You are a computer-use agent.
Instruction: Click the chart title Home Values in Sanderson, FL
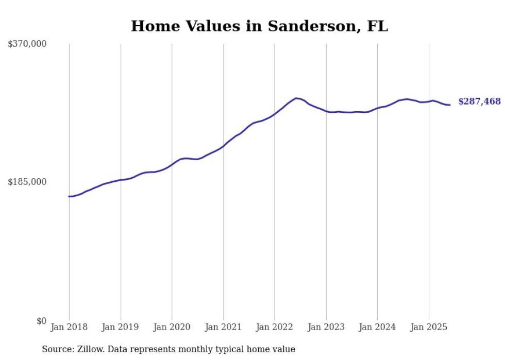[x=259, y=26]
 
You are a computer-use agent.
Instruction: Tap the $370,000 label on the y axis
[x=27, y=44]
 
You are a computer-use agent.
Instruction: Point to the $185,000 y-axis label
[x=27, y=182]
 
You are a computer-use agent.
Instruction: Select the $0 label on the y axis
[x=41, y=321]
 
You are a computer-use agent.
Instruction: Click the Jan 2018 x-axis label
[x=69, y=327]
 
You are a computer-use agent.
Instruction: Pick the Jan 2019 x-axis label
[x=121, y=327]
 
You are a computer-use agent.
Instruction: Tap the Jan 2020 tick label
[x=172, y=327]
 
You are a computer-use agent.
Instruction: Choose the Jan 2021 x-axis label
[x=223, y=327]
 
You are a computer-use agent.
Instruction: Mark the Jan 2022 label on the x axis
[x=274, y=327]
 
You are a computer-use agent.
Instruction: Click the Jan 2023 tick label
[x=326, y=327]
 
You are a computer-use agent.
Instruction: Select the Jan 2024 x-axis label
[x=377, y=327]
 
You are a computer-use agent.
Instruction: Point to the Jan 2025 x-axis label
[x=429, y=327]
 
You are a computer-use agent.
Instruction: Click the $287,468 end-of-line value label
[x=479, y=101]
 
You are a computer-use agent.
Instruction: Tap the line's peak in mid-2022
[x=296, y=98]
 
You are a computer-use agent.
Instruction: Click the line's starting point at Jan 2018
[x=69, y=196]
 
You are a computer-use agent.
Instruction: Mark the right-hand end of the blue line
[x=450, y=105]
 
